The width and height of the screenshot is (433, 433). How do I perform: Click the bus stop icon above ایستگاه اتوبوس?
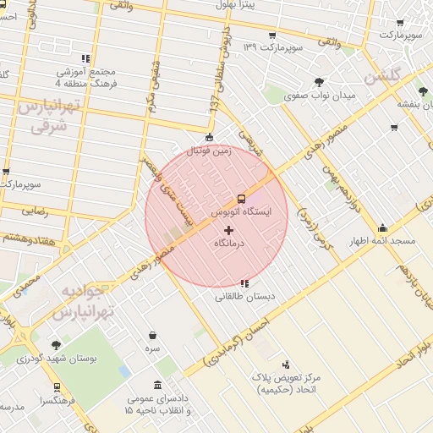[242, 199]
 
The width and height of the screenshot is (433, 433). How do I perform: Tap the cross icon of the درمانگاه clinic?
[228, 230]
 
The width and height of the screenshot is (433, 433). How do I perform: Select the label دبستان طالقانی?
[244, 296]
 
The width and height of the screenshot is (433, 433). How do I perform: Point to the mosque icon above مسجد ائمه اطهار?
[383, 227]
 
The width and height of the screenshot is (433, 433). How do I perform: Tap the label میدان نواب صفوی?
[321, 96]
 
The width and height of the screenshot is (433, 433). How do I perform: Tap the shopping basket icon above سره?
[152, 336]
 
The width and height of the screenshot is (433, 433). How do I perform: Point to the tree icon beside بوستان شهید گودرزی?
[56, 345]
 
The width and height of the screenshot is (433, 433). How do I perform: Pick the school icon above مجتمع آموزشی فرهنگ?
[85, 59]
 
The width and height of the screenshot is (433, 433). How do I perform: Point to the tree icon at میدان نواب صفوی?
[319, 82]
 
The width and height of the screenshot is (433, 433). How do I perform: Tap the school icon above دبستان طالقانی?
[244, 283]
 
